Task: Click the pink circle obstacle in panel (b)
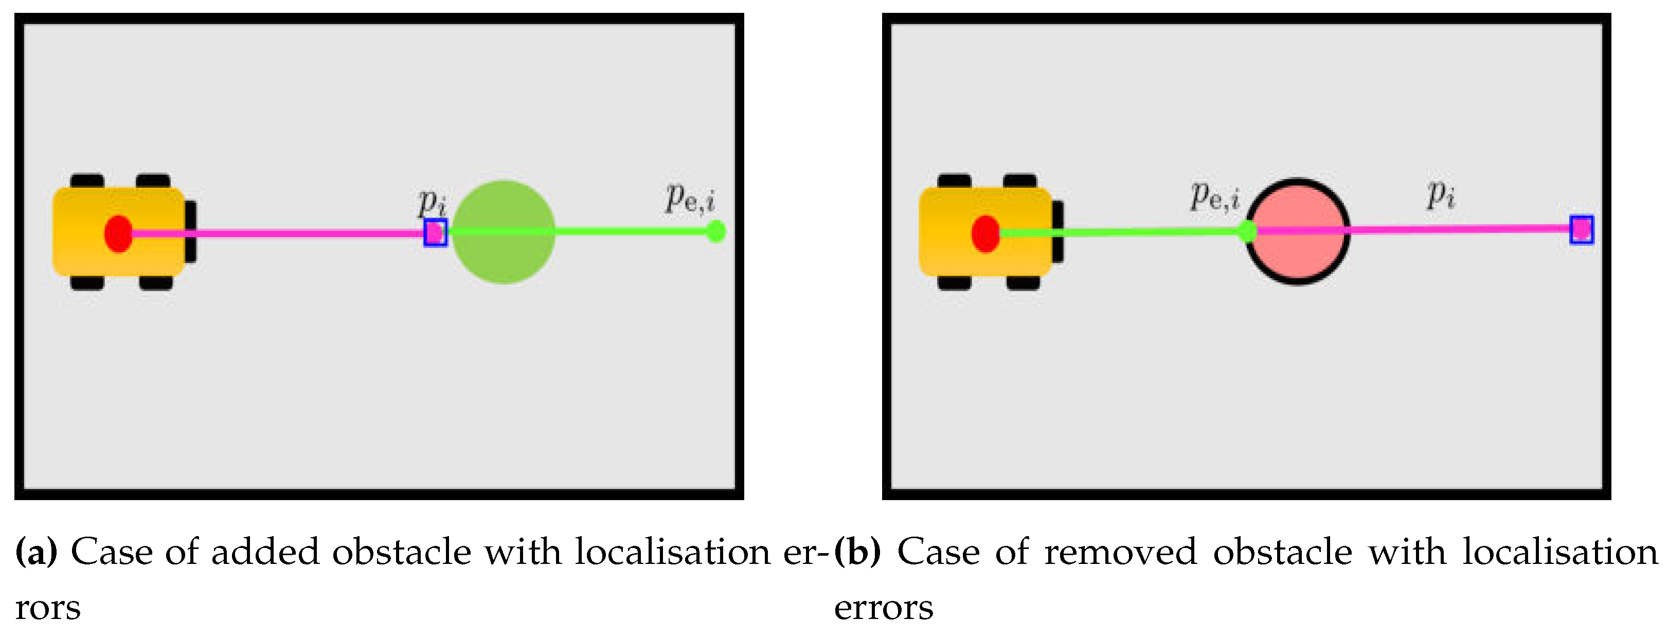[1298, 231]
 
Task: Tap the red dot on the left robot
[118, 234]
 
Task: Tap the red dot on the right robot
[985, 234]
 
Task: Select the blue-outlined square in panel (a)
[435, 233]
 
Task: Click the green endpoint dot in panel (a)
[715, 231]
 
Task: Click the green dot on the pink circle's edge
[1248, 231]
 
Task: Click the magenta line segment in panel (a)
[278, 233]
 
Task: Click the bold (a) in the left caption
[36, 552]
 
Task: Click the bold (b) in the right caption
[857, 552]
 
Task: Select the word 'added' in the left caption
[266, 552]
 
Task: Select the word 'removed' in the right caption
[1120, 552]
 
